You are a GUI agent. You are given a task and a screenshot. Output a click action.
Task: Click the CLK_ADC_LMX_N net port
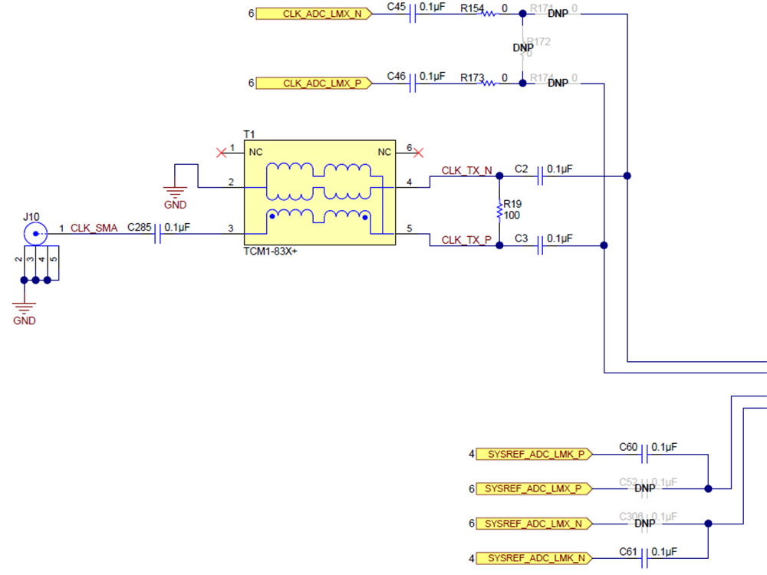click(314, 14)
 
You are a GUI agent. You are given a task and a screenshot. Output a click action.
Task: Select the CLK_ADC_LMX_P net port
click(314, 83)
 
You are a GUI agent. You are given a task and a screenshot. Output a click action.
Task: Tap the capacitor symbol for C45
click(414, 14)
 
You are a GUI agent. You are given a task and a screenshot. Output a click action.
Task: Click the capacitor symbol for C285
click(159, 234)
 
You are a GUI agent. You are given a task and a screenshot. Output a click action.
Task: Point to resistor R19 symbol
click(499, 210)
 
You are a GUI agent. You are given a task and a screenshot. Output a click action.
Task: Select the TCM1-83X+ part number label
click(269, 251)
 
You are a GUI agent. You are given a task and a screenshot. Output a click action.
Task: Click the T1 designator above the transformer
click(249, 134)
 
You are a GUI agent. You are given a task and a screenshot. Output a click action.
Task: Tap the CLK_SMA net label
click(94, 228)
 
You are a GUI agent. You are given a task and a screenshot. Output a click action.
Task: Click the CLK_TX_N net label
click(466, 170)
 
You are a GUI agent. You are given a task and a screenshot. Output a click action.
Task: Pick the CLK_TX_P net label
click(466, 240)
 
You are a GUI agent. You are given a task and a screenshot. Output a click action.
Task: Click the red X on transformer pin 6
click(420, 153)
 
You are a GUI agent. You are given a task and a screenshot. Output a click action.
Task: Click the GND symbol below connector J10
click(25, 309)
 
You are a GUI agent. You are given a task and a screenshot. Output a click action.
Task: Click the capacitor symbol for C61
click(645, 558)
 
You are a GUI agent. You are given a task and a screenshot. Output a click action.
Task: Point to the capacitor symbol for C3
click(541, 245)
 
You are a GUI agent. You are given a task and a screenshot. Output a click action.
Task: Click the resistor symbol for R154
click(489, 14)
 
